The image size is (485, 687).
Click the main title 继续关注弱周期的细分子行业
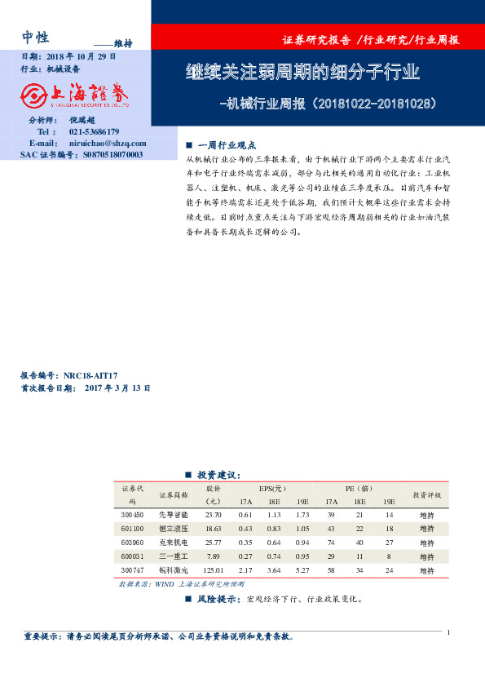click(302, 73)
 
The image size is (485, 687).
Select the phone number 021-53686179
click(95, 131)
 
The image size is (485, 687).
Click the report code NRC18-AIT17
click(95, 376)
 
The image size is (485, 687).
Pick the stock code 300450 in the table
click(131, 516)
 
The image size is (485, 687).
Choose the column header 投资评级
click(426, 495)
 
